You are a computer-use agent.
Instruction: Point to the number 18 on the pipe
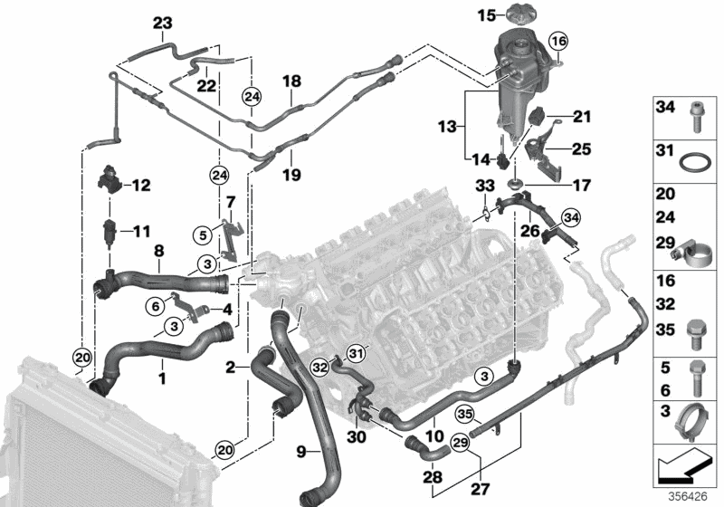[x=291, y=82]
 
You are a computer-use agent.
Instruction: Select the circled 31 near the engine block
[x=356, y=352]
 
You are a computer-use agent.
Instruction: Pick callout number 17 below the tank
[x=581, y=186]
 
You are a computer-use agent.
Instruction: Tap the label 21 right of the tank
[x=581, y=116]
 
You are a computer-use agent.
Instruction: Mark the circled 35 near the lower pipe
[x=466, y=416]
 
